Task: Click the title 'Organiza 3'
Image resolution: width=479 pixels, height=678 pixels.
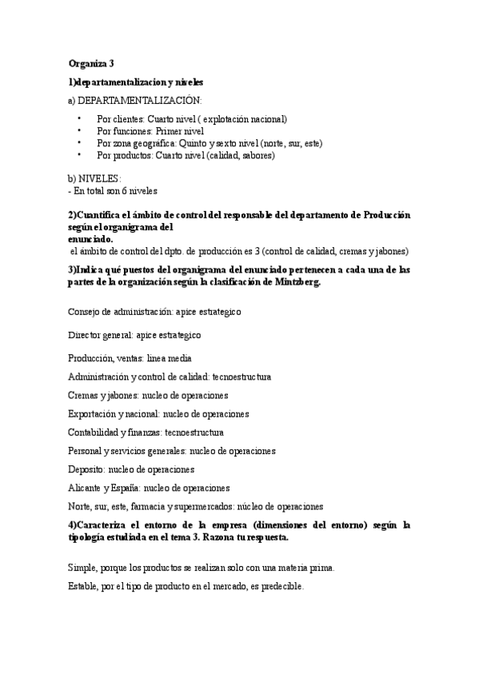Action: [91, 64]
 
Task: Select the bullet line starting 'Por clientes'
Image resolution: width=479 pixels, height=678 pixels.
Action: [191, 118]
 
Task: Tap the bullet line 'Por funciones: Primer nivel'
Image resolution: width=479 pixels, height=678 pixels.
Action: [150, 131]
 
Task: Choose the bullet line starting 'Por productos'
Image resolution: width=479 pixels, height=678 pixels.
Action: [186, 156]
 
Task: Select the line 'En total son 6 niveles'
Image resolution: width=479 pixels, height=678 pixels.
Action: [114, 190]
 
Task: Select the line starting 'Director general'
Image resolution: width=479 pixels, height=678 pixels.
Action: [134, 335]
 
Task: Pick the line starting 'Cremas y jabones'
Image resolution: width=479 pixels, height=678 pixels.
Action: [149, 395]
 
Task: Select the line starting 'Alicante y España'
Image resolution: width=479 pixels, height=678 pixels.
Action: [149, 488]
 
